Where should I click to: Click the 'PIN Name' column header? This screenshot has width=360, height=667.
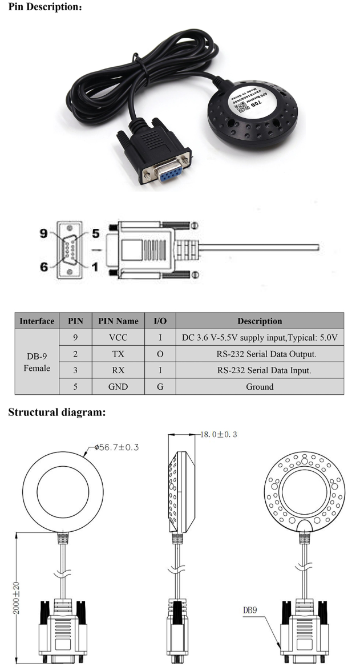coord(118,321)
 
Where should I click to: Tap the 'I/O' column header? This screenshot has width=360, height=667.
coord(160,321)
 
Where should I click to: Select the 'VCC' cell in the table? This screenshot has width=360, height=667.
coord(118,337)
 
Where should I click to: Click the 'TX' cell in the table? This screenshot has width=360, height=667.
coord(118,354)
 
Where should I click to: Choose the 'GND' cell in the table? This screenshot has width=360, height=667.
coord(118,386)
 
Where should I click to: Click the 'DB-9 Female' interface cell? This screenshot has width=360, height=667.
coord(37,362)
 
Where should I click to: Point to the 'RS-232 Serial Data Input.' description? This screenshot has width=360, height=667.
coord(260,370)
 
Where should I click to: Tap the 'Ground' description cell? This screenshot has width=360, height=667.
coord(260,386)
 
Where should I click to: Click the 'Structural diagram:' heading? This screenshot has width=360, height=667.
coord(57,413)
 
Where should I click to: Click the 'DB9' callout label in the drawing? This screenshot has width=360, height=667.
coord(250,610)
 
